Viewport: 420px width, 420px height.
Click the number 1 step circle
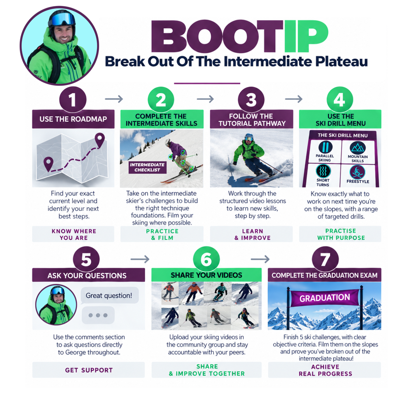[73, 100]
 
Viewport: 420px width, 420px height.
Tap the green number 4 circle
[339, 100]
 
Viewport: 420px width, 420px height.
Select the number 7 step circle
[325, 259]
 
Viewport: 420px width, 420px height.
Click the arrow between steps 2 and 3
[205, 99]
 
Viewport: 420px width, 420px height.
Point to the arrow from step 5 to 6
[140, 259]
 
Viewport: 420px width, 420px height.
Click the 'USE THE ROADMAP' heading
[73, 119]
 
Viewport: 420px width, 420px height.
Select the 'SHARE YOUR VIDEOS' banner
[206, 275]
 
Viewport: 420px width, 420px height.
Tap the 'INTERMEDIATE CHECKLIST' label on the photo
[147, 167]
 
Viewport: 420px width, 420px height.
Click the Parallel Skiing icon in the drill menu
[325, 147]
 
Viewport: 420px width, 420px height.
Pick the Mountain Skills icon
[358, 148]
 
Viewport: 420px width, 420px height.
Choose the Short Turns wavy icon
[323, 171]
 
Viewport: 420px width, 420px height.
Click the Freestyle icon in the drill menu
[357, 172]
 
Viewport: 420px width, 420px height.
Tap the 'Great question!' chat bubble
[109, 295]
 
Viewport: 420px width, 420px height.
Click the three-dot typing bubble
[98, 315]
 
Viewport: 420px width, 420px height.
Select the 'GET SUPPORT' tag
[89, 370]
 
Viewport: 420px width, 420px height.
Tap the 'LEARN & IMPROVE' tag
[252, 234]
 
